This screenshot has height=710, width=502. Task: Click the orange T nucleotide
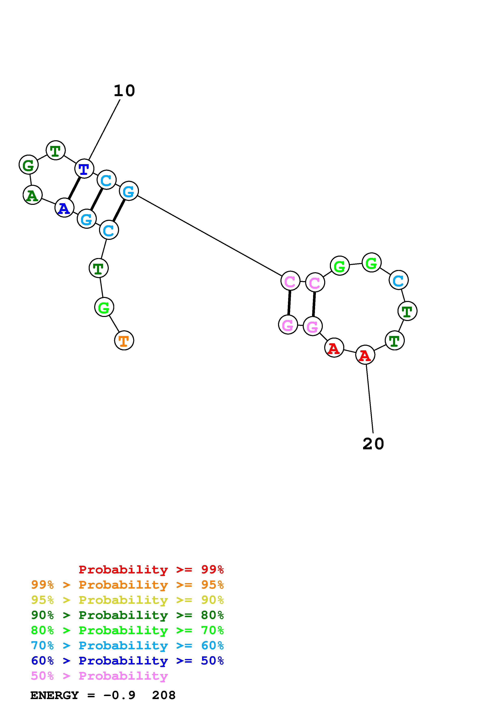124,340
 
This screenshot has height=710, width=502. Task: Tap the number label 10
124,91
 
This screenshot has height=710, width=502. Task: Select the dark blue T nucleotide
84,169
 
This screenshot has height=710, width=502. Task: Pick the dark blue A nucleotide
64,208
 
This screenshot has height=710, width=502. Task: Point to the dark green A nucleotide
32,195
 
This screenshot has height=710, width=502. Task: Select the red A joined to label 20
365,355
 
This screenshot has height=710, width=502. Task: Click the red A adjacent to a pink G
334,348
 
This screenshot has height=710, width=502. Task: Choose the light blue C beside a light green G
399,280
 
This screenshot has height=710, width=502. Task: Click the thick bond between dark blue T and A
74,188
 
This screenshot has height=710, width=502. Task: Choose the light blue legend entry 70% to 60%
127,646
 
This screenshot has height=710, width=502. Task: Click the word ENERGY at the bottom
54,695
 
